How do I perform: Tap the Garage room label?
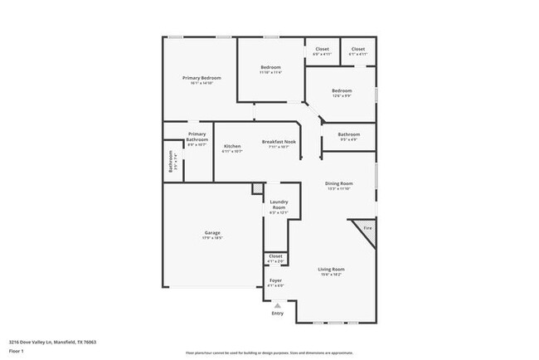(x=211, y=232)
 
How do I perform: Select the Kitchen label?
(x=232, y=147)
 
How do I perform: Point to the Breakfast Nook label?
(x=274, y=142)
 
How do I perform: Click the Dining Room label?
(x=338, y=183)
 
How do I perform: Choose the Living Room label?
(x=332, y=269)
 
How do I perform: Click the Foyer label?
(x=275, y=281)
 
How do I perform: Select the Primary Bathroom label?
(x=197, y=137)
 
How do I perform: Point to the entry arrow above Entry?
(x=277, y=304)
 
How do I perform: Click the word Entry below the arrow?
(x=277, y=313)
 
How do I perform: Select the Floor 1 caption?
(x=17, y=351)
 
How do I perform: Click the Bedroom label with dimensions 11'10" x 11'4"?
(x=270, y=67)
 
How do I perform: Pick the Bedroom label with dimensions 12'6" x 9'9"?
(x=342, y=91)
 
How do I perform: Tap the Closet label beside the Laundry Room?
(x=275, y=256)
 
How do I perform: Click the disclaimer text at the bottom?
(x=269, y=352)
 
